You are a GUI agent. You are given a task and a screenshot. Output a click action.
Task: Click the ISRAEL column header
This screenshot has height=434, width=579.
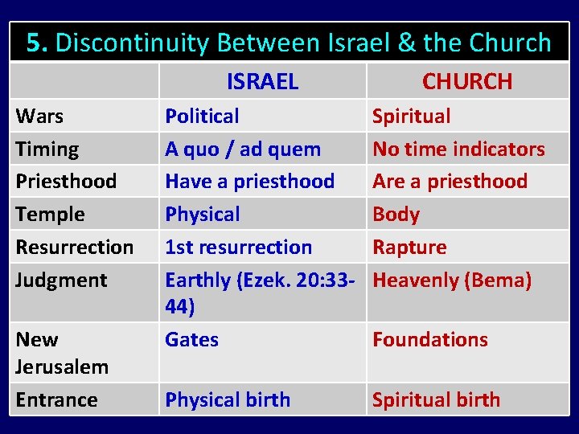(262, 81)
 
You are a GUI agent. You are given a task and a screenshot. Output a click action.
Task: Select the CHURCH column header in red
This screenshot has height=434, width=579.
(466, 81)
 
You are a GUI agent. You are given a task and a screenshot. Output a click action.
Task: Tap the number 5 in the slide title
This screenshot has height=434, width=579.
(35, 43)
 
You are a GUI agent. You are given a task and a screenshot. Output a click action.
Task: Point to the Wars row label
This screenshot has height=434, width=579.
(39, 116)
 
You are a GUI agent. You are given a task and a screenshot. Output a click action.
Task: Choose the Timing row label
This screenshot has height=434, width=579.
(47, 149)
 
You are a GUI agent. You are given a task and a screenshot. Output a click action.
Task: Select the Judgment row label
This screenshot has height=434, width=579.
(61, 280)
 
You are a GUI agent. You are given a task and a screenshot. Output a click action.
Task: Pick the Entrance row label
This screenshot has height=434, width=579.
(56, 399)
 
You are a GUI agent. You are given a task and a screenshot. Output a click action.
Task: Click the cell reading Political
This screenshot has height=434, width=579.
(202, 116)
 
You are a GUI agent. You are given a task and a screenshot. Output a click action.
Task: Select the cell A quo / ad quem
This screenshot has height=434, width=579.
(243, 149)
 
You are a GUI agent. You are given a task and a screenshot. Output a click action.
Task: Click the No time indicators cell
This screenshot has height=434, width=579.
(458, 149)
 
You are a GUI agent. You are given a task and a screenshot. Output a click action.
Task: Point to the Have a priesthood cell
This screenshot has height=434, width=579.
(249, 182)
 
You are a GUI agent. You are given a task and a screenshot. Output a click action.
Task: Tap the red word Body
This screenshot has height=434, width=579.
(396, 215)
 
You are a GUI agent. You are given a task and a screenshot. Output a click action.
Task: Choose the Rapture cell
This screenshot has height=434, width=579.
(409, 248)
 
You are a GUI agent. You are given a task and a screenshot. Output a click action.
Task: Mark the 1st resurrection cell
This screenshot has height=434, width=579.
(238, 248)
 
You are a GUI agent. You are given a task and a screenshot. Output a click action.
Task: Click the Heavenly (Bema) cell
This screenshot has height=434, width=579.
(452, 280)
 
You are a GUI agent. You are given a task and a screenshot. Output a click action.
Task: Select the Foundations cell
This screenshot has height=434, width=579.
(429, 339)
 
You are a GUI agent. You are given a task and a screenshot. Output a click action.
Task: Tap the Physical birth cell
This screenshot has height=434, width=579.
(228, 399)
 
